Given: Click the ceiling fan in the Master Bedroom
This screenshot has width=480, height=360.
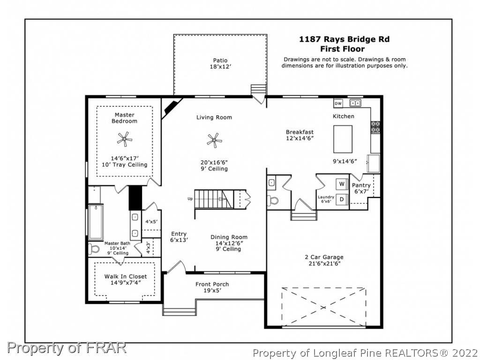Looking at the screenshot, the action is [125, 139].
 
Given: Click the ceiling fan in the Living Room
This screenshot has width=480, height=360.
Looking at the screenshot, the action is [214, 141].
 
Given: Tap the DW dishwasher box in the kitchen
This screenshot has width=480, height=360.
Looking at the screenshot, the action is [338, 104].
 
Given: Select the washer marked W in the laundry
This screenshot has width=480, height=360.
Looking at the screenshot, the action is [342, 184].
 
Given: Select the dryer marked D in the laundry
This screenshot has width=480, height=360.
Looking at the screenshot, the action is [342, 199].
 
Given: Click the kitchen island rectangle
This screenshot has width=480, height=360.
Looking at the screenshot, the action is [343, 139].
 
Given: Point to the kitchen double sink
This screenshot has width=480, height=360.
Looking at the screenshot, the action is [355, 103].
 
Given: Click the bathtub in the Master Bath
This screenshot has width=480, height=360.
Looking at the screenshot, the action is [96, 222].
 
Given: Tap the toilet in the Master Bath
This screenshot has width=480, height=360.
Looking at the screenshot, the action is [94, 248].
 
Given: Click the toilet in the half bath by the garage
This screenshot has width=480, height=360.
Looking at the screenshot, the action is [272, 201].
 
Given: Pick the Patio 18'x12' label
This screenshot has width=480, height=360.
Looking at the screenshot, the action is [220, 63].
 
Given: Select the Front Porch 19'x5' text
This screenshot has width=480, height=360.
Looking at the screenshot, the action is [212, 287].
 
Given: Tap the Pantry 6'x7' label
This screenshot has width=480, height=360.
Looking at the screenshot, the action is [361, 188].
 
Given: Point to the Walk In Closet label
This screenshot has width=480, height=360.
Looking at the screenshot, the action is [126, 276].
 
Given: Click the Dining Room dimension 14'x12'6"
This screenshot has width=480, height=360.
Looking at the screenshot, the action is [229, 243].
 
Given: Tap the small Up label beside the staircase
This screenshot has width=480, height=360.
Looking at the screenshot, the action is [190, 199].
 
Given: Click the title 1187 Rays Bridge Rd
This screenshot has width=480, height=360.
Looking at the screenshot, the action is [344, 39].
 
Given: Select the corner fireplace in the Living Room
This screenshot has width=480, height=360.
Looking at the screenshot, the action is [172, 108].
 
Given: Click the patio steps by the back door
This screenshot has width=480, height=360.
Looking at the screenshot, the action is [259, 90].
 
